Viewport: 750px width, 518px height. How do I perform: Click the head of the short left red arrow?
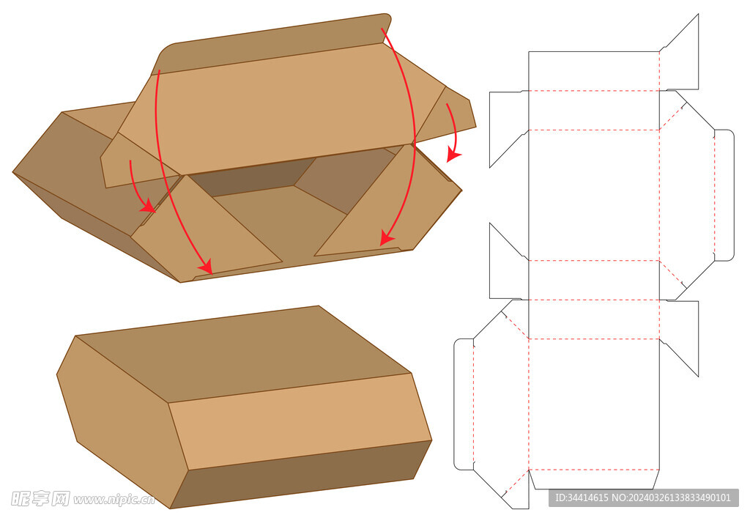click(x=149, y=207)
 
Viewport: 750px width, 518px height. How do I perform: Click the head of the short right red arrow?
click(x=453, y=156)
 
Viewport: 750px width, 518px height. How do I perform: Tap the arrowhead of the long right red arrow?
click(x=386, y=237)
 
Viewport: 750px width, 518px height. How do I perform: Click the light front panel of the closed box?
click(x=300, y=421)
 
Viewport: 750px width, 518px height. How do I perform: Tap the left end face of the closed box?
click(x=122, y=421)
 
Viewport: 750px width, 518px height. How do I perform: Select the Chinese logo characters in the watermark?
click(x=40, y=498)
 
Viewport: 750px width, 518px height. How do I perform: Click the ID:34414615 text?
click(x=582, y=498)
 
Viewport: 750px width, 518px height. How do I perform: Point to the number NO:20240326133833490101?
click(x=672, y=498)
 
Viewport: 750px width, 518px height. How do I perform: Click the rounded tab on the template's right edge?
click(x=724, y=195)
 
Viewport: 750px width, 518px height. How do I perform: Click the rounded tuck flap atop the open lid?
click(x=271, y=44)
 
